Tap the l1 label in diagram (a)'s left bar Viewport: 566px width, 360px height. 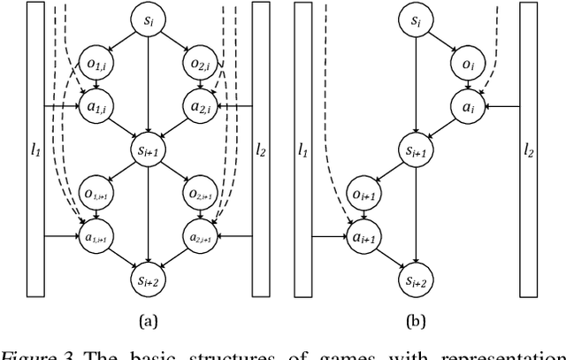pos(35,148)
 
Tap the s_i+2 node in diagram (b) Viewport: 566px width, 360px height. pos(412,279)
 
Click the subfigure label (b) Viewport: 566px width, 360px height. pos(412,320)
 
